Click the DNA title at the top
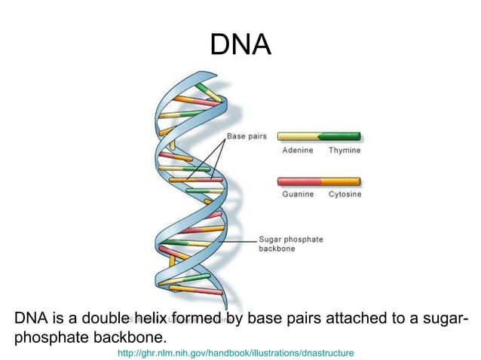240,46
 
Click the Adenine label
298,151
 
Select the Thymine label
345,151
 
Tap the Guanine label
298,194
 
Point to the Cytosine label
345,194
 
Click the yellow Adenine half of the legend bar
298,137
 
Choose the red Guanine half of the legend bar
299,182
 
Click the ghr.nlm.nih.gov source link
236,352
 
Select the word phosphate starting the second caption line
51,336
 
